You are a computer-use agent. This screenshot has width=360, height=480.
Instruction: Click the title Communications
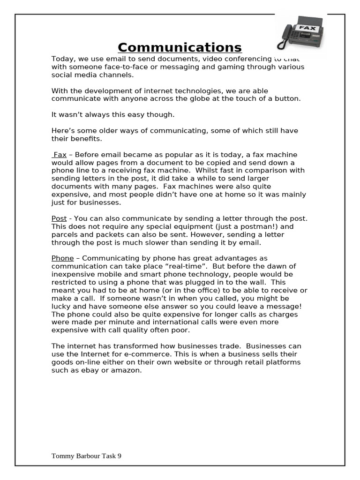(x=180, y=47)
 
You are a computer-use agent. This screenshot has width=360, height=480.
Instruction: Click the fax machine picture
(x=300, y=33)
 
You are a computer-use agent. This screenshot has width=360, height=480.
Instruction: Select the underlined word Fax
(x=60, y=155)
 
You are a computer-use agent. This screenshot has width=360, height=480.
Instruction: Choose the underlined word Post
(x=59, y=218)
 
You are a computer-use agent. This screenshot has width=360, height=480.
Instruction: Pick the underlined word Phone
(x=62, y=258)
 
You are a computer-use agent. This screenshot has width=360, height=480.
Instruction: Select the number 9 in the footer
(x=119, y=456)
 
